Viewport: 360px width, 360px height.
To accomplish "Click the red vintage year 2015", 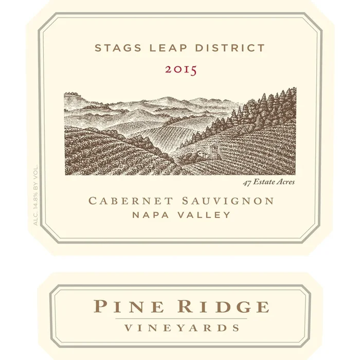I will click(181, 70).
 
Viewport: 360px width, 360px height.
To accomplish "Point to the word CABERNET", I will click(128, 201).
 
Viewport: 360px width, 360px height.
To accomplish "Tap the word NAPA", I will click(150, 215).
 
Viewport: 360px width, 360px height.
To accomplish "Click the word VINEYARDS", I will click(180, 328).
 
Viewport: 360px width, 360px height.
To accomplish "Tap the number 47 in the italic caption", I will click(246, 182).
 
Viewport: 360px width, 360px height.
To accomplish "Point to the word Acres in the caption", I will click(285, 182).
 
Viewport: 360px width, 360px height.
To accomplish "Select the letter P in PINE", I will click(99, 307).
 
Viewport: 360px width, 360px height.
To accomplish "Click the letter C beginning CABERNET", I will click(94, 201).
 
